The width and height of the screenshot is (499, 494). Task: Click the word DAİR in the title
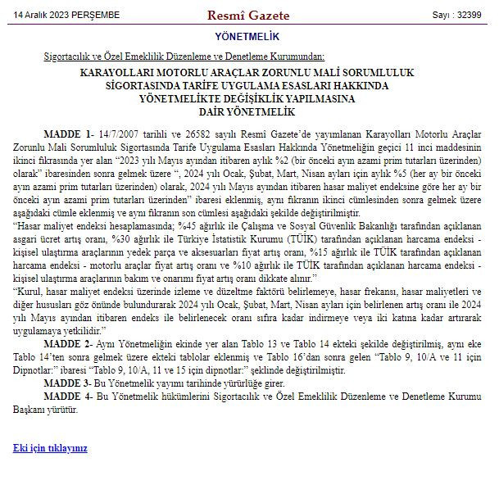216,111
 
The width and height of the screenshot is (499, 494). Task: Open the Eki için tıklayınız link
50,448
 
